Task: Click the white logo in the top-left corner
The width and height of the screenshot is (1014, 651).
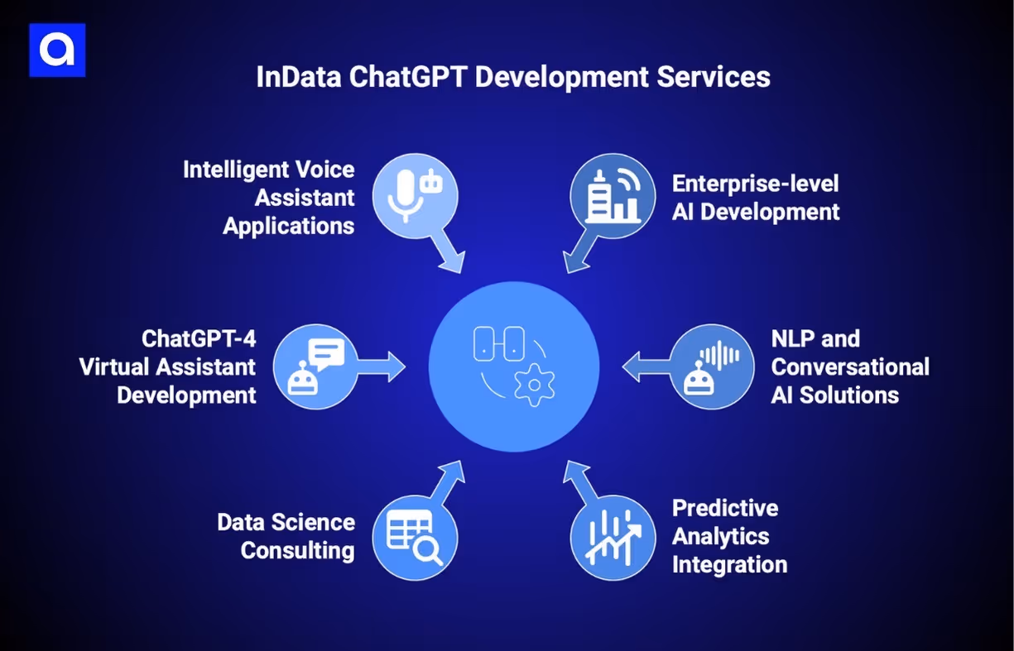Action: coord(57,50)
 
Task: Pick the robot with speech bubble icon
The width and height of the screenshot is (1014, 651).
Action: coord(315,366)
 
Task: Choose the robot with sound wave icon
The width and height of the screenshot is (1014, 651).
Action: coord(711,366)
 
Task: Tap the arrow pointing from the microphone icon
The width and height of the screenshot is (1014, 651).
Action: coord(449,253)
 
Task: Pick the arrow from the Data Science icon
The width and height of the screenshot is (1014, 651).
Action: coord(449,481)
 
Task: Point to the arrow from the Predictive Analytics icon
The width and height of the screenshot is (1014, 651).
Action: coord(578,481)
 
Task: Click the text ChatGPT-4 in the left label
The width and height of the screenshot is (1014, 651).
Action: coord(199,338)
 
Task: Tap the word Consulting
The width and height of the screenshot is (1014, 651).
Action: coord(298,550)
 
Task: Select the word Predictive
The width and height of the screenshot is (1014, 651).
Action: coord(725,508)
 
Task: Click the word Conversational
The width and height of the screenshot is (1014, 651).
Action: coord(850,366)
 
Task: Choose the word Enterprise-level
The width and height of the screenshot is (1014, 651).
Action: coord(755,183)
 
